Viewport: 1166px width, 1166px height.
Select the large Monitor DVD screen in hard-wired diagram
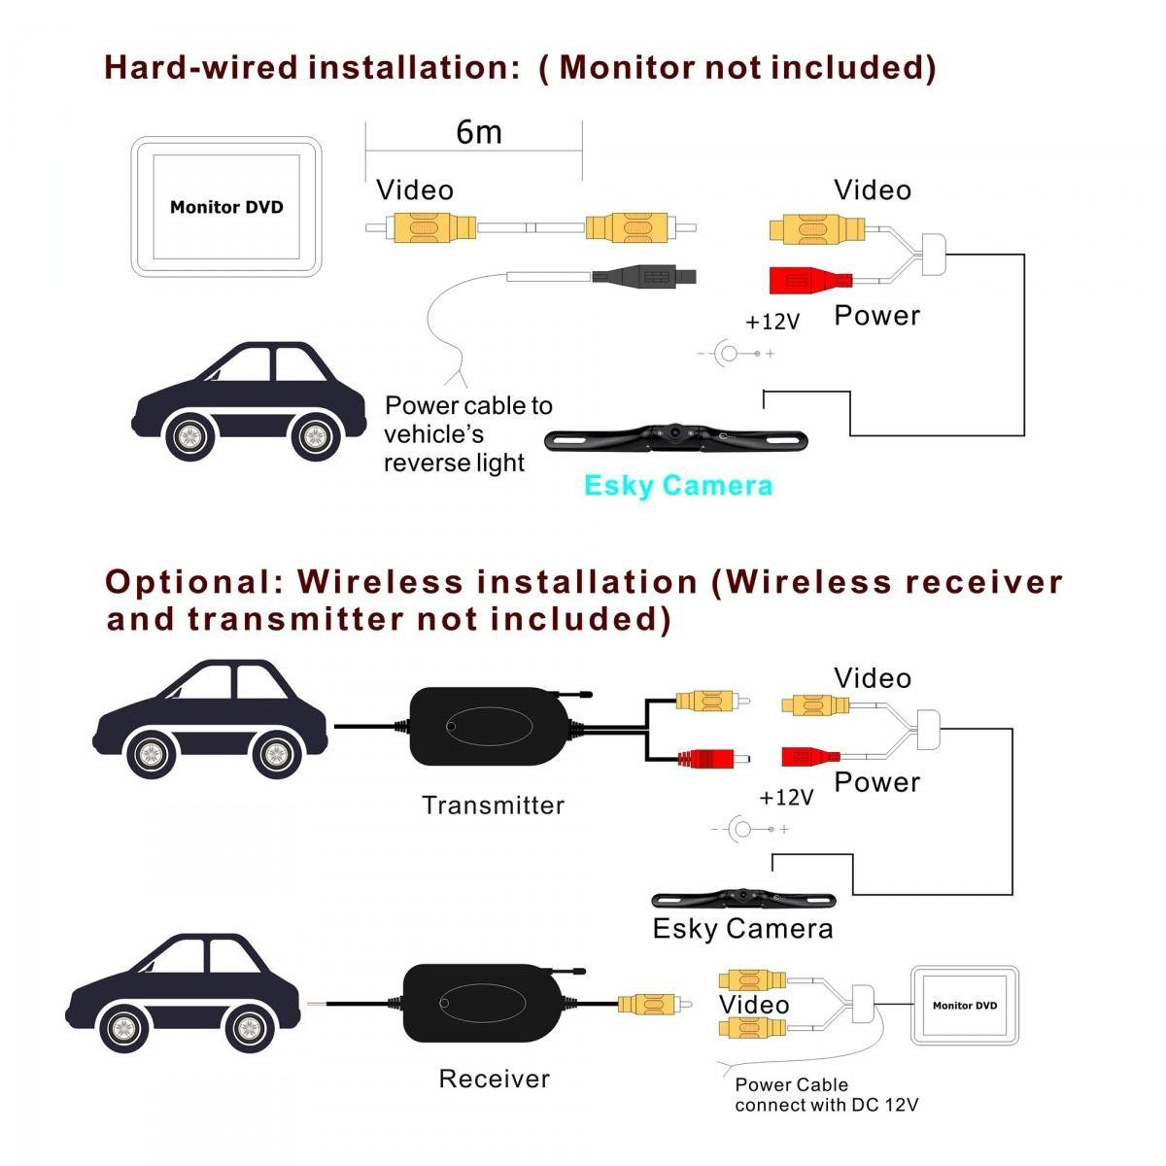(x=226, y=207)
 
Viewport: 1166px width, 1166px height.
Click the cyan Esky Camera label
(x=678, y=486)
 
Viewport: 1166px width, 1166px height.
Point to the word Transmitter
(x=493, y=806)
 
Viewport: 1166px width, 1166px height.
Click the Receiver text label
(x=494, y=1079)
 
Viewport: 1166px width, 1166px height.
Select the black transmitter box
(x=490, y=725)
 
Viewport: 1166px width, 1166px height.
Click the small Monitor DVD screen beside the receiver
(x=964, y=1006)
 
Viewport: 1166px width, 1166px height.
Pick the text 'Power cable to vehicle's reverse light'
(x=467, y=434)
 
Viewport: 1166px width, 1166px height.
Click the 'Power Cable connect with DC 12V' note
(x=826, y=1095)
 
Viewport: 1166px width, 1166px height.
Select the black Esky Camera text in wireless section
(x=742, y=929)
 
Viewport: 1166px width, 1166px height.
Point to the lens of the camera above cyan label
(x=673, y=430)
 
